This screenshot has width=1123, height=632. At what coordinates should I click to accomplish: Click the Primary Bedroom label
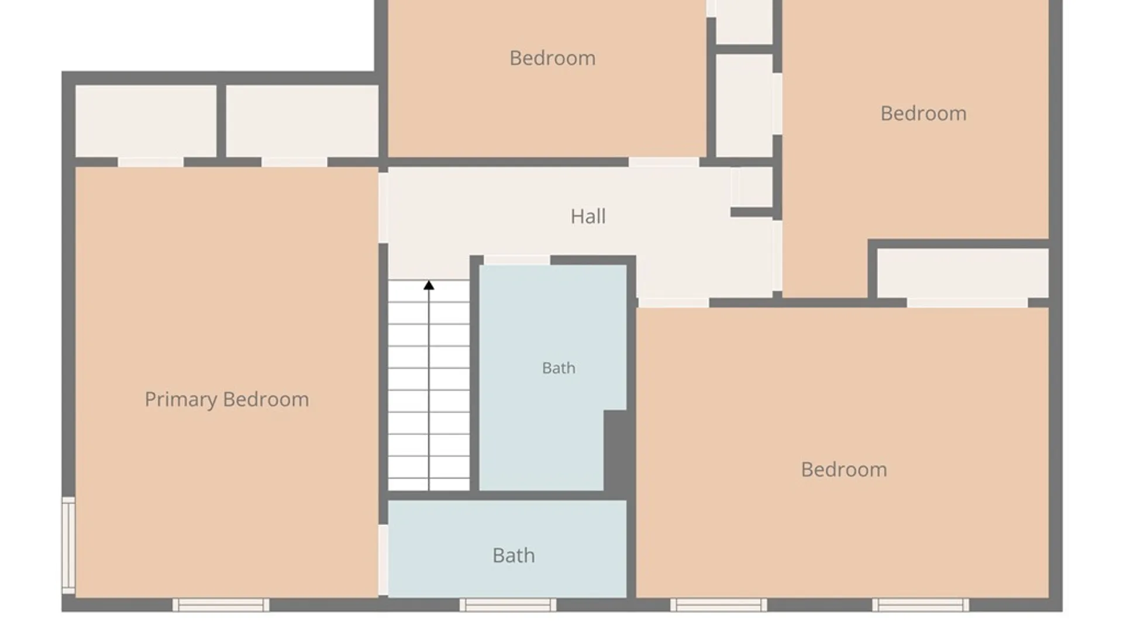[227, 400]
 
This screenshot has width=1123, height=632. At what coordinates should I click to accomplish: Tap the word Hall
[588, 217]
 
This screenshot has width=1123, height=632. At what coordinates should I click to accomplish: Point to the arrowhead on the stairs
[429, 285]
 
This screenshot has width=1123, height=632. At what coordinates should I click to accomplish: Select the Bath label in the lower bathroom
[514, 555]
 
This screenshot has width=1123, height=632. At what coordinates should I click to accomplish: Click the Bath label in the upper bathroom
[559, 368]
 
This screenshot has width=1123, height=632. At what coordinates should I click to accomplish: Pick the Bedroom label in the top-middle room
[553, 58]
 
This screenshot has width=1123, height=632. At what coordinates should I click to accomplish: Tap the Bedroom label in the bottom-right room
[844, 469]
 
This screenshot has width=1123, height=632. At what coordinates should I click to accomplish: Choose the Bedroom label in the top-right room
[924, 113]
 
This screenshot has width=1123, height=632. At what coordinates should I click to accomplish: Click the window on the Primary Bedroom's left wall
[68, 545]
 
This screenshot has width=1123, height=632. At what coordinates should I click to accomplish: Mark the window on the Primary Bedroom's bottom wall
[221, 605]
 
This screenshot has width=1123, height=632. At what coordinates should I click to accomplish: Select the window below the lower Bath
[508, 605]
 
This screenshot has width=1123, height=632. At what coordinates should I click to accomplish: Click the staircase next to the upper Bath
[429, 385]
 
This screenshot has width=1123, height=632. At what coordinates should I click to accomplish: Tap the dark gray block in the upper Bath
[615, 451]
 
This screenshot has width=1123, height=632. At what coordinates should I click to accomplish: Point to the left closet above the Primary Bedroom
[146, 121]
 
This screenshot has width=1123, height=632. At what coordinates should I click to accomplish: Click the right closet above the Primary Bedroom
[302, 121]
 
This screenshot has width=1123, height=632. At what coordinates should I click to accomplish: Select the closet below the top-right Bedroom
[963, 273]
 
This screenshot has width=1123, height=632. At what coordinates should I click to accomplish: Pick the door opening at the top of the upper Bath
[517, 260]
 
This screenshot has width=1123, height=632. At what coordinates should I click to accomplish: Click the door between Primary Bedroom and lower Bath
[383, 560]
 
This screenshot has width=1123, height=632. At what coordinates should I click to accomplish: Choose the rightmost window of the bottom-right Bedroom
[921, 605]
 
